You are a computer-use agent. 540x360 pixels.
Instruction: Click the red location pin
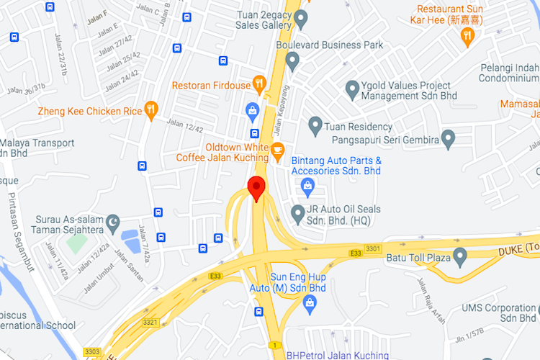click(256, 189)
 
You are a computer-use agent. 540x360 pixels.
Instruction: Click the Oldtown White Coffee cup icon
click(278, 150)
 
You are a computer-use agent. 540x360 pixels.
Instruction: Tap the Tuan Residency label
click(359, 127)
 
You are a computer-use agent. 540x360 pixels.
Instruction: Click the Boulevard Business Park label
click(345, 45)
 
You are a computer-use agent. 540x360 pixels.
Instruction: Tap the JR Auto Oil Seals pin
click(297, 213)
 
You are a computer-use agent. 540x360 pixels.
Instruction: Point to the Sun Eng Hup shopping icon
click(309, 303)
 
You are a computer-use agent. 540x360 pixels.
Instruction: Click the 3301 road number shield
click(373, 249)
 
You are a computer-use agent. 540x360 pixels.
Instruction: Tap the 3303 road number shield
click(91, 351)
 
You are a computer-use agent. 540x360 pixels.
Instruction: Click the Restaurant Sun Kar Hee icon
click(468, 35)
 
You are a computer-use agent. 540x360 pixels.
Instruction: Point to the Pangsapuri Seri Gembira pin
click(449, 138)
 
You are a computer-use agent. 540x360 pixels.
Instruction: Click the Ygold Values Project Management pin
click(352, 90)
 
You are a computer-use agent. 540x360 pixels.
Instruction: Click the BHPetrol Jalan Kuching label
click(337, 355)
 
